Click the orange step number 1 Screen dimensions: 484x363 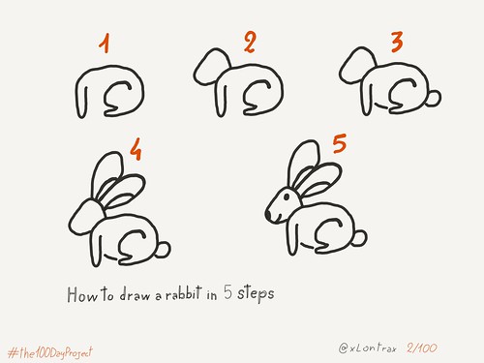coord(105,44)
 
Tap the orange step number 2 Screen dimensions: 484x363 coord(250,42)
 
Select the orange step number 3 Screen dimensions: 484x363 coord(397,42)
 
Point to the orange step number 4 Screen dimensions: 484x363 coord(136,149)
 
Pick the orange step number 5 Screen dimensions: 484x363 coord(340,143)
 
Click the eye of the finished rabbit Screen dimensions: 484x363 coord(287,196)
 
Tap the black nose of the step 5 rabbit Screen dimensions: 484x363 coord(268,215)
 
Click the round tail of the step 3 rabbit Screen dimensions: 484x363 coord(434,98)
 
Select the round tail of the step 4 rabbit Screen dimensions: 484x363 coord(163,250)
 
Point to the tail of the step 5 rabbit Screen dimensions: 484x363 coord(359,238)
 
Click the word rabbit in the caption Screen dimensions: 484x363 coord(184,293)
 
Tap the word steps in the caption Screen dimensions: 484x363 coord(256,293)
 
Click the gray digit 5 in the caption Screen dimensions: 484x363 coord(227,292)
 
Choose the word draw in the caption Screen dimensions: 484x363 coord(135,294)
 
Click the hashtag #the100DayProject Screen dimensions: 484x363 coord(50,352)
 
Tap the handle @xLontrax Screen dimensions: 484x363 coord(368,348)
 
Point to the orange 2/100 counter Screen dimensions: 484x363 coord(422,348)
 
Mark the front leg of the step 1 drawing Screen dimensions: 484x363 coord(81,103)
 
